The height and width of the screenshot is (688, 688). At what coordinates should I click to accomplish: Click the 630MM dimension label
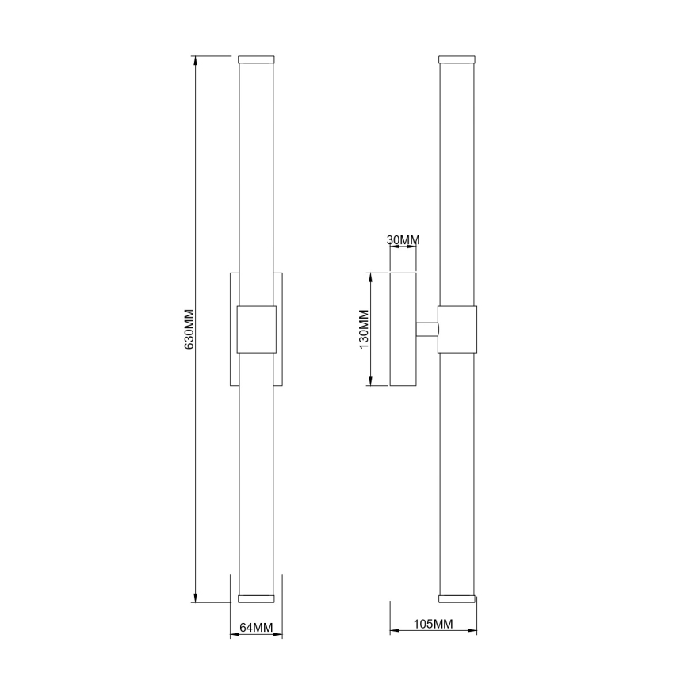pyautogui.click(x=189, y=329)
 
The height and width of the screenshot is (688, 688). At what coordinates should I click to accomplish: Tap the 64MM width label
pyautogui.click(x=256, y=627)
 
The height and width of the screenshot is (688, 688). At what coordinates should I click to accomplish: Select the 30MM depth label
pyautogui.click(x=403, y=239)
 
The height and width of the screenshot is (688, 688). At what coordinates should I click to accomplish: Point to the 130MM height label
pyautogui.click(x=363, y=329)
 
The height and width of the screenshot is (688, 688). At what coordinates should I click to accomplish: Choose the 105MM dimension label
pyautogui.click(x=434, y=625)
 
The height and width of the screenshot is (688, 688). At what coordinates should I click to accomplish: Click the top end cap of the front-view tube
pyautogui.click(x=256, y=59)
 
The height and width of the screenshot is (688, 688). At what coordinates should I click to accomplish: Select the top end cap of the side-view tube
pyautogui.click(x=457, y=59)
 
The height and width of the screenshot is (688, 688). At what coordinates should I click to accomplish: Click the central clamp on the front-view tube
pyautogui.click(x=256, y=329)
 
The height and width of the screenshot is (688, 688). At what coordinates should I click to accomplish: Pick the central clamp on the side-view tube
pyautogui.click(x=457, y=329)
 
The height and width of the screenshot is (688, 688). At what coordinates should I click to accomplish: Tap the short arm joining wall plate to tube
pyautogui.click(x=427, y=329)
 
